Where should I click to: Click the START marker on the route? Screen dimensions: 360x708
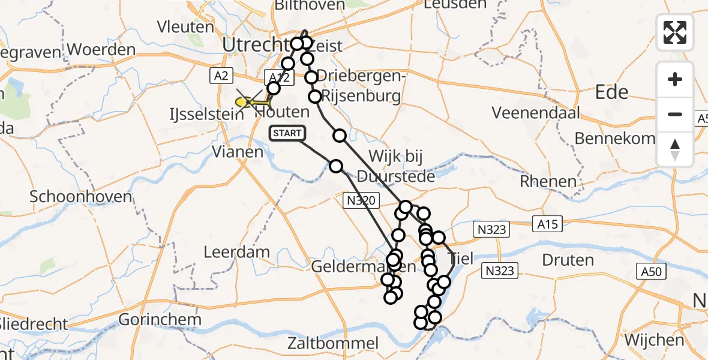287,133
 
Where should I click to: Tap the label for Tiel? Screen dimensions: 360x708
461,259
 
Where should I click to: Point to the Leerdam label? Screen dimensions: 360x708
236,252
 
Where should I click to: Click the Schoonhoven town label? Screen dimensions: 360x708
72,197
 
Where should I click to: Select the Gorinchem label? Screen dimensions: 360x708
160,319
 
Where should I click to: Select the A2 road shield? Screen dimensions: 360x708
221,75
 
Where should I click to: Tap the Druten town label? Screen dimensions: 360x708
568,260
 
